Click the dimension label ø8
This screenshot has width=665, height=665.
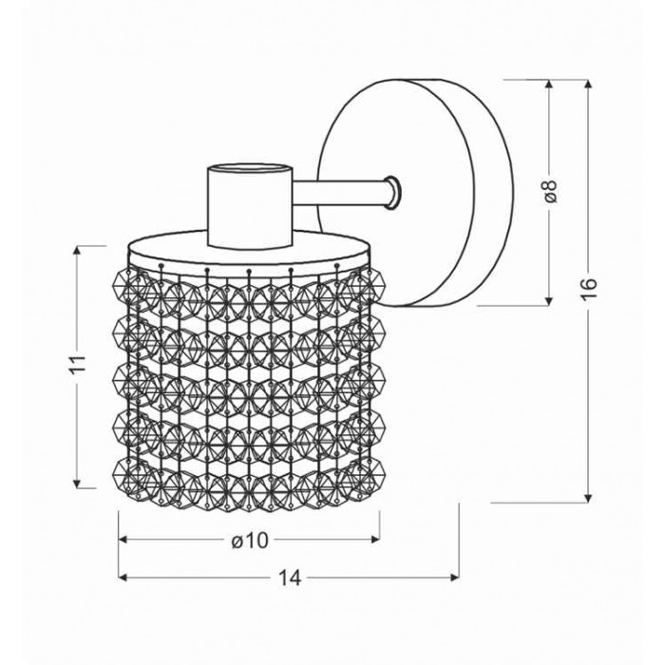[550, 191]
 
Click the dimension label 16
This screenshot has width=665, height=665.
[588, 289]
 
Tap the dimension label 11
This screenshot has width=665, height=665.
[77, 363]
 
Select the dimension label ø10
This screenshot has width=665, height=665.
[250, 540]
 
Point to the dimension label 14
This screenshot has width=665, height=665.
[289, 578]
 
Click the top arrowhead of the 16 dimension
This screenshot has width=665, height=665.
[588, 84]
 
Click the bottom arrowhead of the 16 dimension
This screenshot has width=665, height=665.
[588, 499]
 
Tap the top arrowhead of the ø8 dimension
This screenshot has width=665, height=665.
[549, 84]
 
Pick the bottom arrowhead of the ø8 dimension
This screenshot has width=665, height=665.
[549, 301]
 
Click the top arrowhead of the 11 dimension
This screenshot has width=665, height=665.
[77, 250]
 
